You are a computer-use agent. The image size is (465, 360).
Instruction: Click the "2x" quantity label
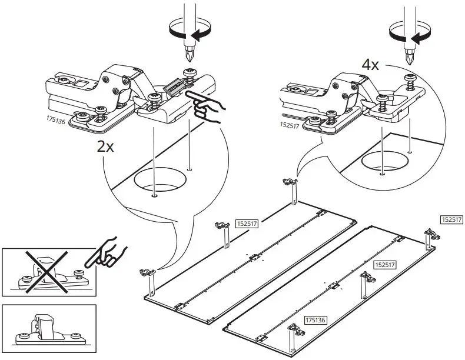105,148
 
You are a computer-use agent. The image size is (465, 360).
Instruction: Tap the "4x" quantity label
370,64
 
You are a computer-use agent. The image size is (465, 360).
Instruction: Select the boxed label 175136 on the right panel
315,320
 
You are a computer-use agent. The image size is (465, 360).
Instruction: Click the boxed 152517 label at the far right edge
451,219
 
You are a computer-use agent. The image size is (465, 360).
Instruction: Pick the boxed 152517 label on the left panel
247,224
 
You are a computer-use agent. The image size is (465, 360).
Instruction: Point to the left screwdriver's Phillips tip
188,57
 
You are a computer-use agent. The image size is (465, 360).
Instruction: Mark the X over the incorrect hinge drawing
44,271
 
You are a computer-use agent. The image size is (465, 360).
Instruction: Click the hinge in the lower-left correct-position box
45,328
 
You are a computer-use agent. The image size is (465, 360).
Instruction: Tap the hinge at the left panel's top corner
293,183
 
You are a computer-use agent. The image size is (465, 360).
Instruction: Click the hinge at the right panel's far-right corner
430,235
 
